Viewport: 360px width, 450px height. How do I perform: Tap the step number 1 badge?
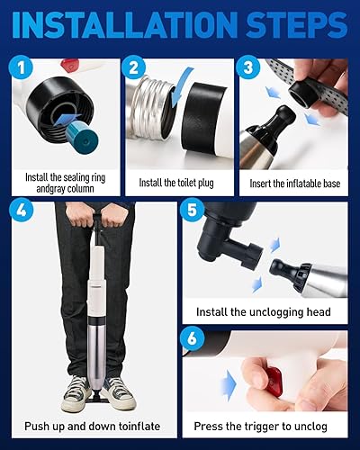21,67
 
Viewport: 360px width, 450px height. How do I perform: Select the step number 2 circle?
134,67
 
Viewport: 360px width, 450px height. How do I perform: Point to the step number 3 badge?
247,67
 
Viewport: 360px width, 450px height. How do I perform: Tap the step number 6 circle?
192,339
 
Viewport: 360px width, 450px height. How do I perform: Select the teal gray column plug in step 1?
83,138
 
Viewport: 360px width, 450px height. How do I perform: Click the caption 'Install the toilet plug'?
176,183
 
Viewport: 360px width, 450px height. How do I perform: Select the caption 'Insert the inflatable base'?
295,183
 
